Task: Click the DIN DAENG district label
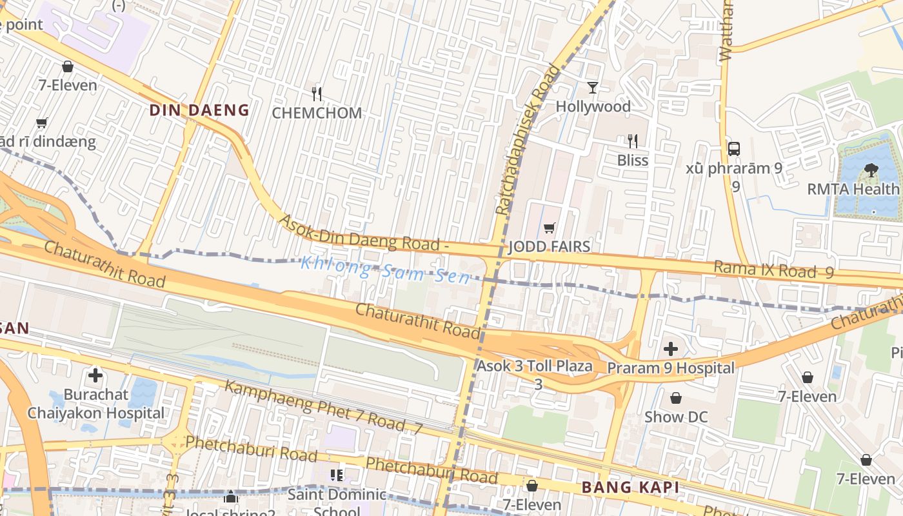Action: pos(199,110)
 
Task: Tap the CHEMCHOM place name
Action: pos(317,113)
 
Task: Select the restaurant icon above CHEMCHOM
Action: pos(316,94)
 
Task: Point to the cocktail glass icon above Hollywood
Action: pos(593,87)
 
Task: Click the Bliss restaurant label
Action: pos(632,160)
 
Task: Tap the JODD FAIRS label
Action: pos(549,246)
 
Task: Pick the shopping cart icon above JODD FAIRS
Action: pos(549,228)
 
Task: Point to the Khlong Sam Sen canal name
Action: pos(385,270)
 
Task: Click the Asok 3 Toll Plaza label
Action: pos(535,366)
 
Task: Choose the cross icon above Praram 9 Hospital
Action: pos(671,349)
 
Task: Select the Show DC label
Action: pos(675,417)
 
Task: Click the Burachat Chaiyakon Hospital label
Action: pos(95,403)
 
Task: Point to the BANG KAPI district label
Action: pos(630,488)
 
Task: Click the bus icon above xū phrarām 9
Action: pos(734,148)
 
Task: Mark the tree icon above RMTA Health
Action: pos(871,170)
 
